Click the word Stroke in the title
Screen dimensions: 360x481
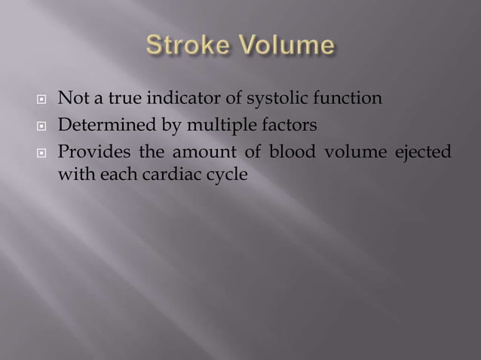189,47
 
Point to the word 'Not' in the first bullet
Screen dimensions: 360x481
72,99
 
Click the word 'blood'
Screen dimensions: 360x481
288,153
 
